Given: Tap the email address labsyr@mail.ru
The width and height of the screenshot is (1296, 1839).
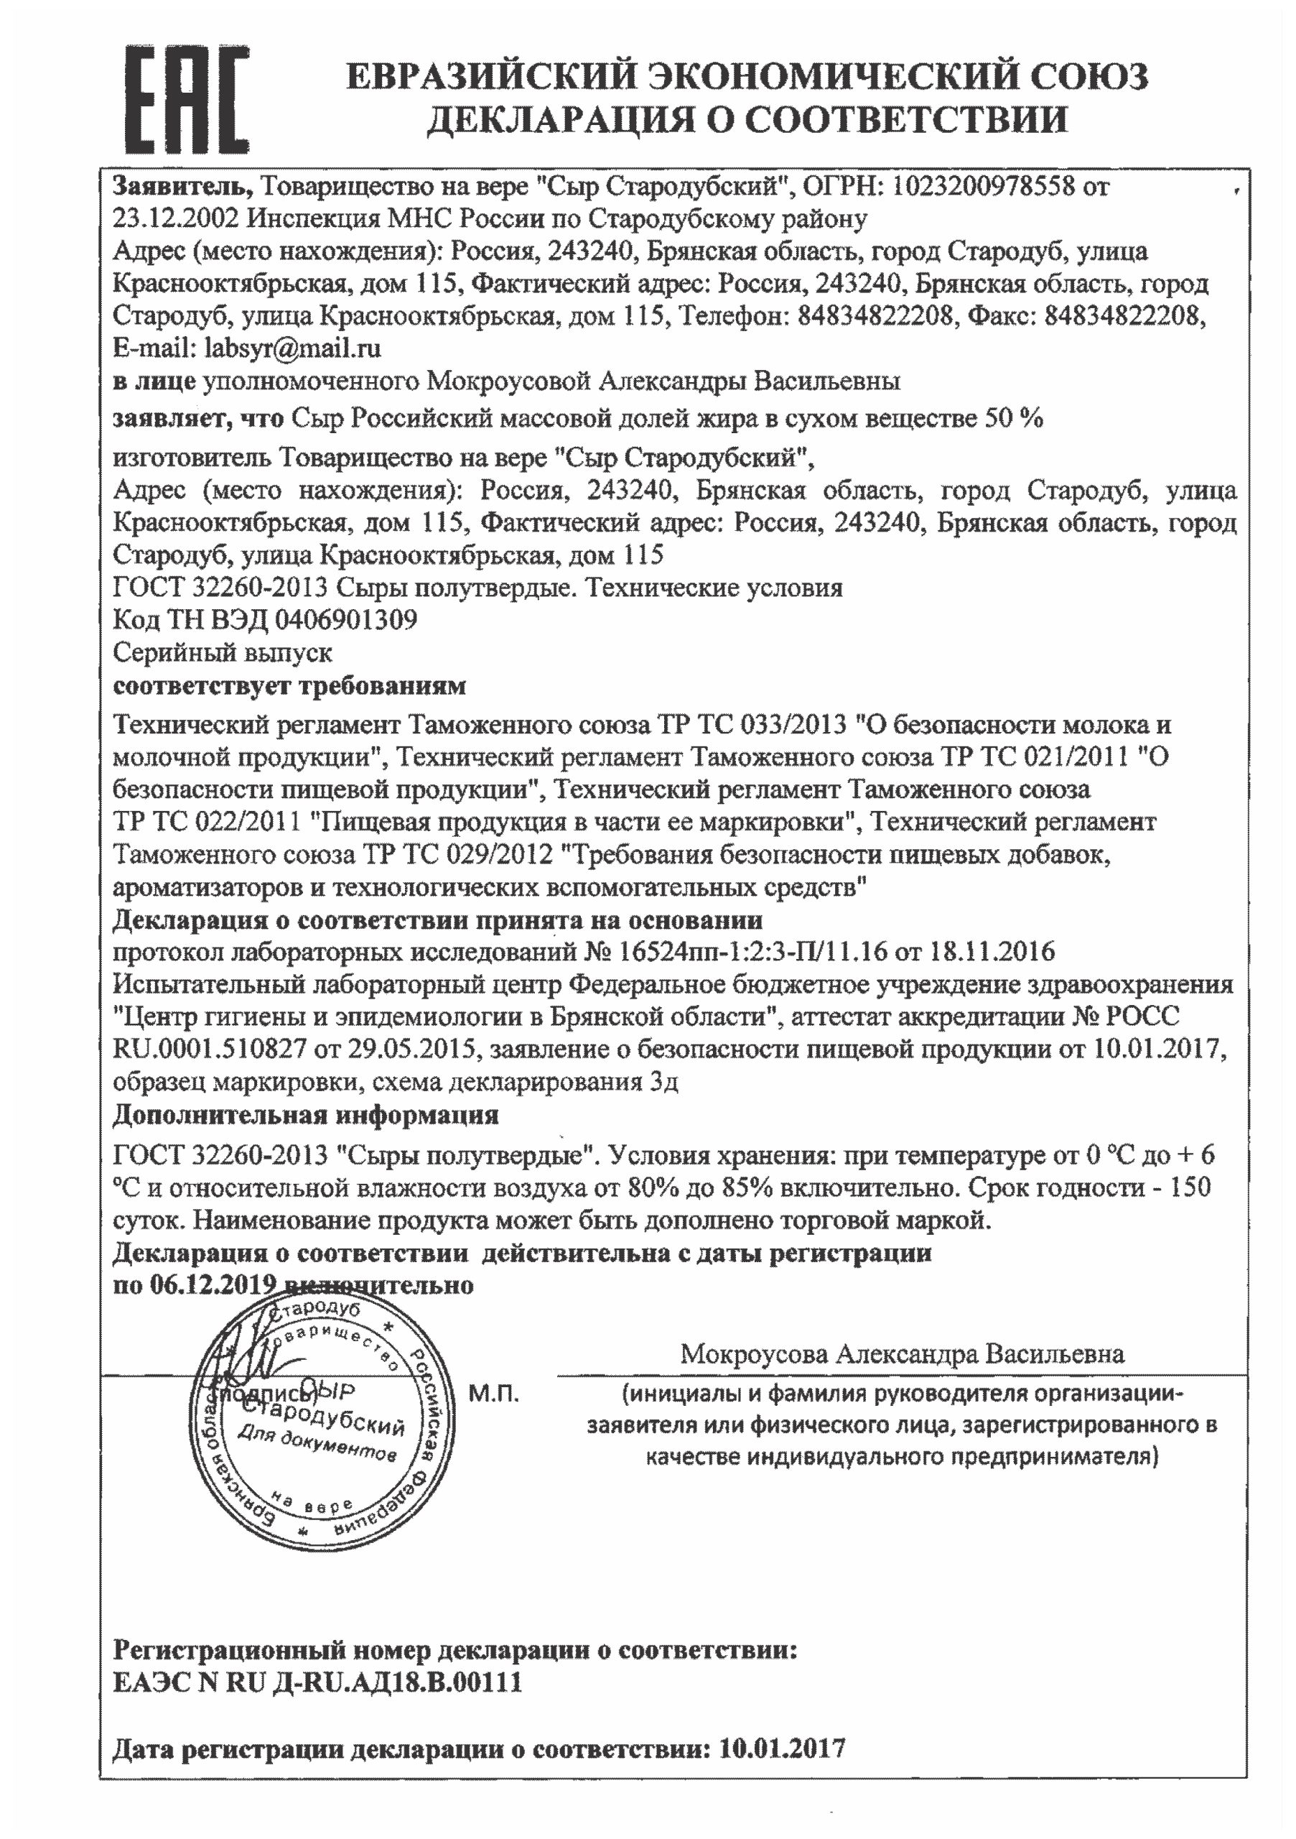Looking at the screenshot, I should pyautogui.click(x=293, y=348).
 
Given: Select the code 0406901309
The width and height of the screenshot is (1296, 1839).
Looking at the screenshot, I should pyautogui.click(x=346, y=620).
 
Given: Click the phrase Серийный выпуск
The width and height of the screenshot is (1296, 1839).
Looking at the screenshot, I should pyautogui.click(x=222, y=653).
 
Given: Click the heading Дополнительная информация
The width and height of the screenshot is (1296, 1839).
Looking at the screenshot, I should pyautogui.click(x=305, y=1115).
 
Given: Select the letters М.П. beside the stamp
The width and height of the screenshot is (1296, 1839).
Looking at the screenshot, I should pyautogui.click(x=494, y=1394).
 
